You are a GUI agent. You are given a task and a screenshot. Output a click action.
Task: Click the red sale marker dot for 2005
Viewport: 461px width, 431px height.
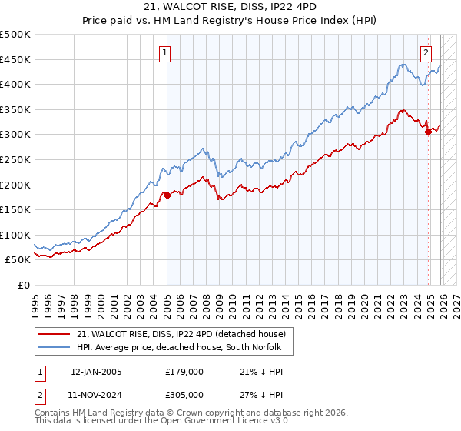tap(167, 195)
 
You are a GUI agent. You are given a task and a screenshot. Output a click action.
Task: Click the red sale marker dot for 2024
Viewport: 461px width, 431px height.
tap(428, 132)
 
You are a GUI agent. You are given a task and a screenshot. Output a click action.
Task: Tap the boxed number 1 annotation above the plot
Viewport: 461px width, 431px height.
tap(165, 53)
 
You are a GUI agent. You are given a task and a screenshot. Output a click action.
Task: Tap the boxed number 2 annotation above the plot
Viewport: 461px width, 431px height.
tap(426, 53)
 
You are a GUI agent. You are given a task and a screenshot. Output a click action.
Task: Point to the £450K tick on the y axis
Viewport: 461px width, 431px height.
tap(16, 59)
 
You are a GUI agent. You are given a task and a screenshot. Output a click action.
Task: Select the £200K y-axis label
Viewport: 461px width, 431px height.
tap(16, 185)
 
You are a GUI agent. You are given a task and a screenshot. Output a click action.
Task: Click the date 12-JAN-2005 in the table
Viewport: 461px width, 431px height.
tap(96, 371)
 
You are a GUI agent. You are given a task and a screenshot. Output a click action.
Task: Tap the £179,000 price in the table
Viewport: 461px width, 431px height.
tap(184, 371)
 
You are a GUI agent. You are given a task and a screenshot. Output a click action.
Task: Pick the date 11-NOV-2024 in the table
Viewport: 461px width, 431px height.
tap(96, 394)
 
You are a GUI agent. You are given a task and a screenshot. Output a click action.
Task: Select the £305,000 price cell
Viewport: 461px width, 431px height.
tap(184, 394)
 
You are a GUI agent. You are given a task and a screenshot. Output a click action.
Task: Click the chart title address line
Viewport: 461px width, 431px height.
tap(230, 6)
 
